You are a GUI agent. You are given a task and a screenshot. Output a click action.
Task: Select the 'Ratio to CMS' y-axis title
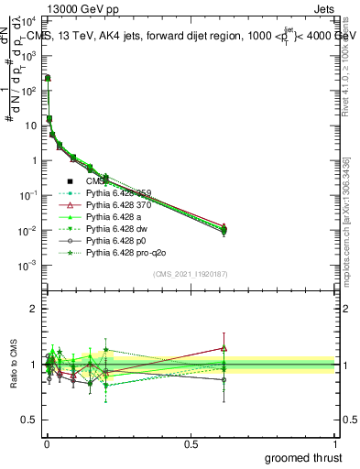coord(11,364)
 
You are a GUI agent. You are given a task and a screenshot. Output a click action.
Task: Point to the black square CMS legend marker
coord(71,181)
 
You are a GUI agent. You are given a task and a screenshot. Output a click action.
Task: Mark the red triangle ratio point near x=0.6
coord(224,348)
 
